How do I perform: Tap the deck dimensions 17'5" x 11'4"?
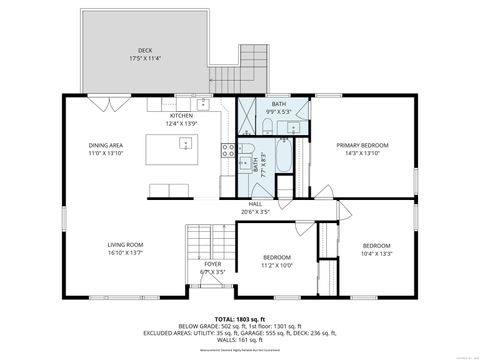[144, 58]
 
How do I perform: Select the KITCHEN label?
[181, 115]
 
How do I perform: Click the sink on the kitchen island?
[184, 145]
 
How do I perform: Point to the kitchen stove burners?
[229, 152]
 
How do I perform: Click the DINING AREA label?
[106, 145]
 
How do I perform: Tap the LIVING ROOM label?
[126, 245]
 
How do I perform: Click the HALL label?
[256, 204]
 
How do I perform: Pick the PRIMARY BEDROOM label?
[362, 145]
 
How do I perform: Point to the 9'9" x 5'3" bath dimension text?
[279, 112]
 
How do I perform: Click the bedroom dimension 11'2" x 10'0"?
[278, 265]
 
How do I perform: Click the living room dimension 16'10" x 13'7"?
[126, 253]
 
